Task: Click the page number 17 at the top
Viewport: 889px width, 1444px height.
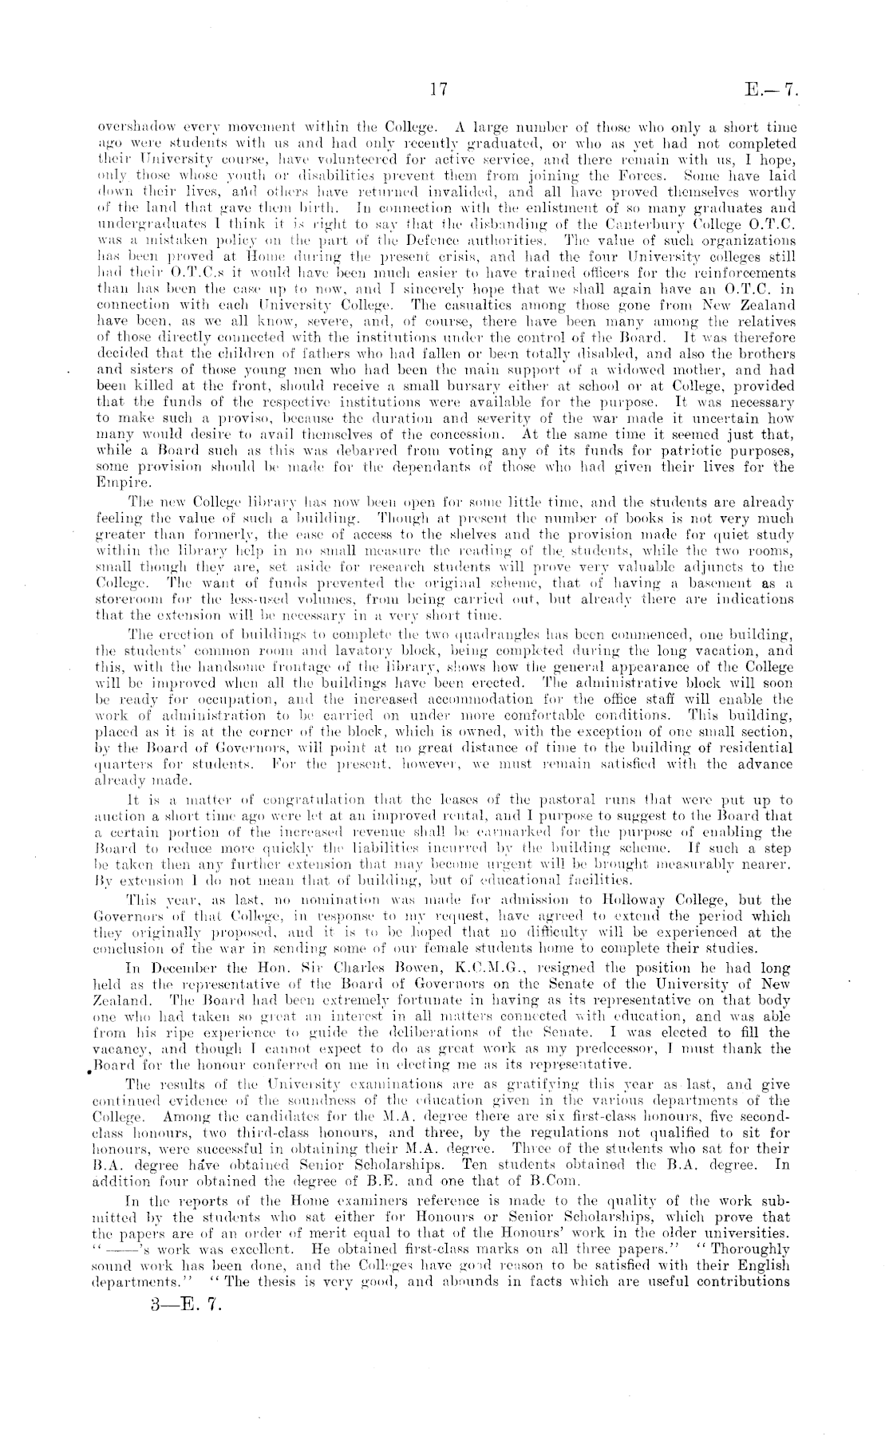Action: point(439,90)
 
